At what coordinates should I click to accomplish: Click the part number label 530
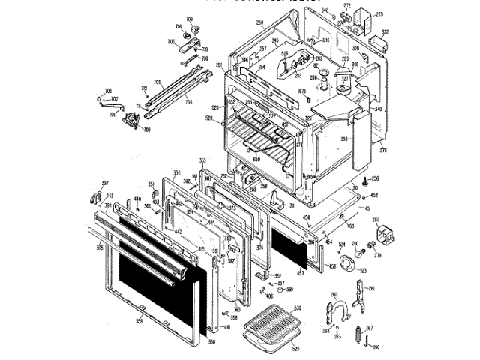pos(298,307)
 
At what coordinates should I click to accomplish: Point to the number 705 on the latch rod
pos(157,82)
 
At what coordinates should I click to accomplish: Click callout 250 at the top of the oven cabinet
pos(259,23)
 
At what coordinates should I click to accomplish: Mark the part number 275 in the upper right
pos(379,15)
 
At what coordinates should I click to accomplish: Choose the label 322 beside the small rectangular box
pos(385,31)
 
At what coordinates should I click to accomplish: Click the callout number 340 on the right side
pos(378,109)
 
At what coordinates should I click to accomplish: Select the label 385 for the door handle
pos(100,245)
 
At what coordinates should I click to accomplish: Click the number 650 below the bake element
pos(256,159)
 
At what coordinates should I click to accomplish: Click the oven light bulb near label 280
pos(355,248)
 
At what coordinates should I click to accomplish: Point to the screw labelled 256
pos(363,181)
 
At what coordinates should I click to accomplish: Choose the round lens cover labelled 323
pos(348,264)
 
